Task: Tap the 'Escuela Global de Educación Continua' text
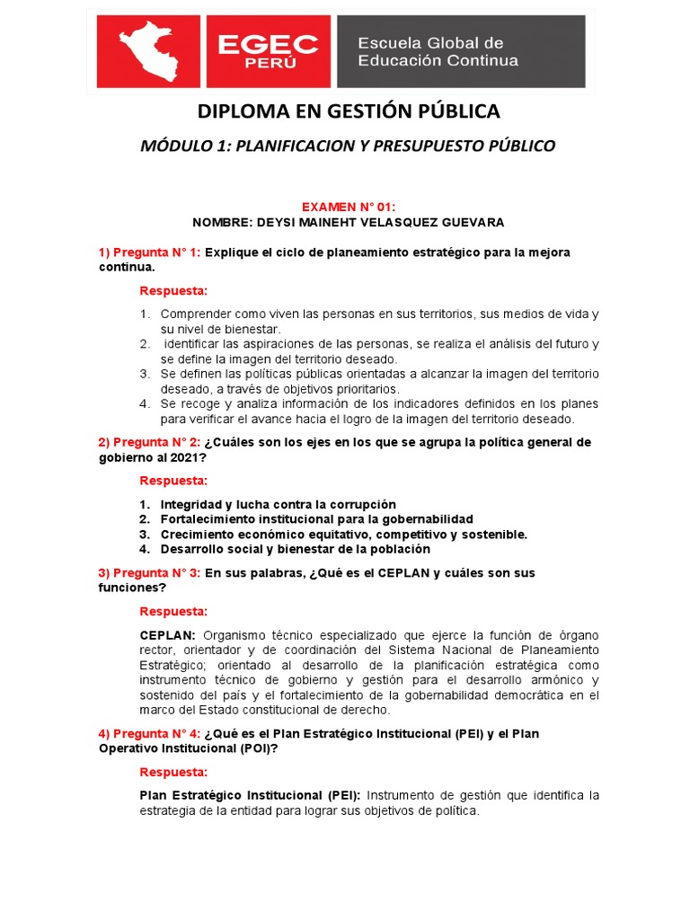438,52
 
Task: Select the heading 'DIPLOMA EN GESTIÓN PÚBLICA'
349,111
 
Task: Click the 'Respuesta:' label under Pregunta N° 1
173,291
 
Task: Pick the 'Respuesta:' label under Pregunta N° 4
173,772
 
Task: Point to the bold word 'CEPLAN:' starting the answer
168,634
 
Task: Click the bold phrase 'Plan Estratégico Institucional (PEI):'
250,795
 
